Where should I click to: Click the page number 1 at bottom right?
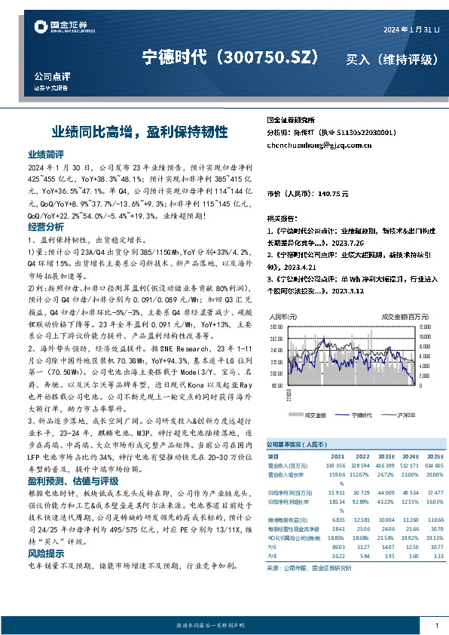coord(437,625)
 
